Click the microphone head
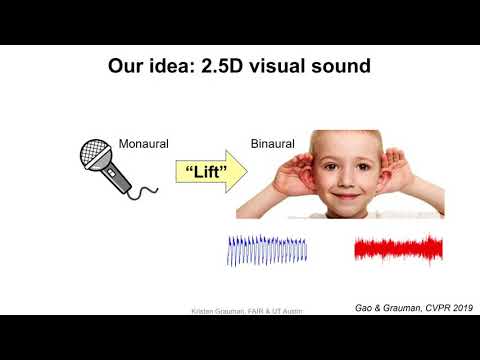tap(97, 155)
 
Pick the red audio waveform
tap(393, 250)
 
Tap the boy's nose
tap(341, 178)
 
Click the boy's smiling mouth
tap(341, 195)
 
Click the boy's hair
tap(341, 137)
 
